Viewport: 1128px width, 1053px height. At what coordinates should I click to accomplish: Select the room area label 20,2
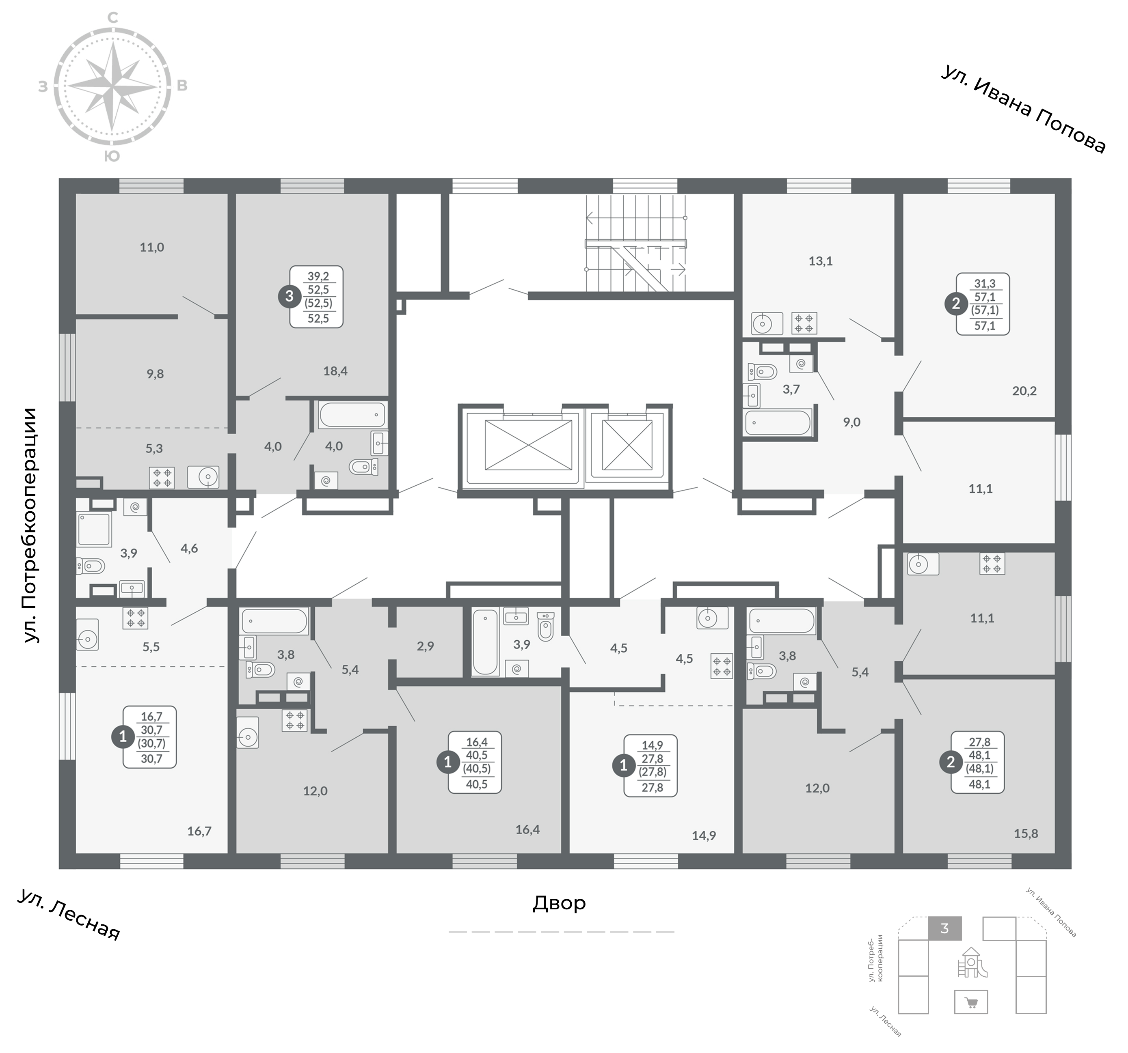tap(1024, 391)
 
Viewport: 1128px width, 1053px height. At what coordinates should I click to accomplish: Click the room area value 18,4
tap(335, 371)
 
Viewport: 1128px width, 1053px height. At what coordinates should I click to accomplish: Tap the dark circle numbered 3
tap(290, 296)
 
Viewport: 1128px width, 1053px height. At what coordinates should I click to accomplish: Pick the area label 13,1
tap(821, 261)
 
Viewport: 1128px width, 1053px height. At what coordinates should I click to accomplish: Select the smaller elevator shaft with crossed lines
tap(627, 446)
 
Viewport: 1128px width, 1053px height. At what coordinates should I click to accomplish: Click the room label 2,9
tap(425, 646)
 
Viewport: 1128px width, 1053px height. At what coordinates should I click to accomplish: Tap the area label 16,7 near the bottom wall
tap(199, 831)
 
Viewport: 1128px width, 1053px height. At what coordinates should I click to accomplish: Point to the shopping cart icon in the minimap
tap(971, 1003)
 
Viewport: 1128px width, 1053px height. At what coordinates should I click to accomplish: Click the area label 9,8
tap(155, 374)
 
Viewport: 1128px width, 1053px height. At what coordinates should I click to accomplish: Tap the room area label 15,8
tap(1026, 834)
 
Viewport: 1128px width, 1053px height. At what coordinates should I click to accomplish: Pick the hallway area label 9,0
tap(851, 422)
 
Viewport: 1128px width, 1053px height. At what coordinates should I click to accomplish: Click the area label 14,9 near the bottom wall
tap(704, 835)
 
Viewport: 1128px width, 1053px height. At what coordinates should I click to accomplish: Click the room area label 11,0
tap(151, 247)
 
